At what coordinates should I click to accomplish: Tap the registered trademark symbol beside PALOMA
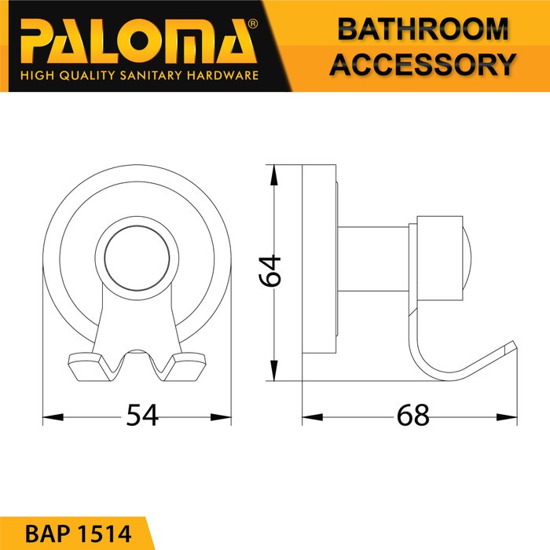point(253,24)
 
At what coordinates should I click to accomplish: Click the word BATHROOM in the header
point(423,29)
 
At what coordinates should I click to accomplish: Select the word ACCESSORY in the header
point(423,64)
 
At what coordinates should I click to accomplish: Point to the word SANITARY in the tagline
point(151,75)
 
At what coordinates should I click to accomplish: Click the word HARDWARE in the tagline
point(222,75)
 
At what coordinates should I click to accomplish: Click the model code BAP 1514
point(79,533)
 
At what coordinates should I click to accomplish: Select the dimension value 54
point(142,415)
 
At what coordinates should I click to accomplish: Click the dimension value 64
point(269,271)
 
